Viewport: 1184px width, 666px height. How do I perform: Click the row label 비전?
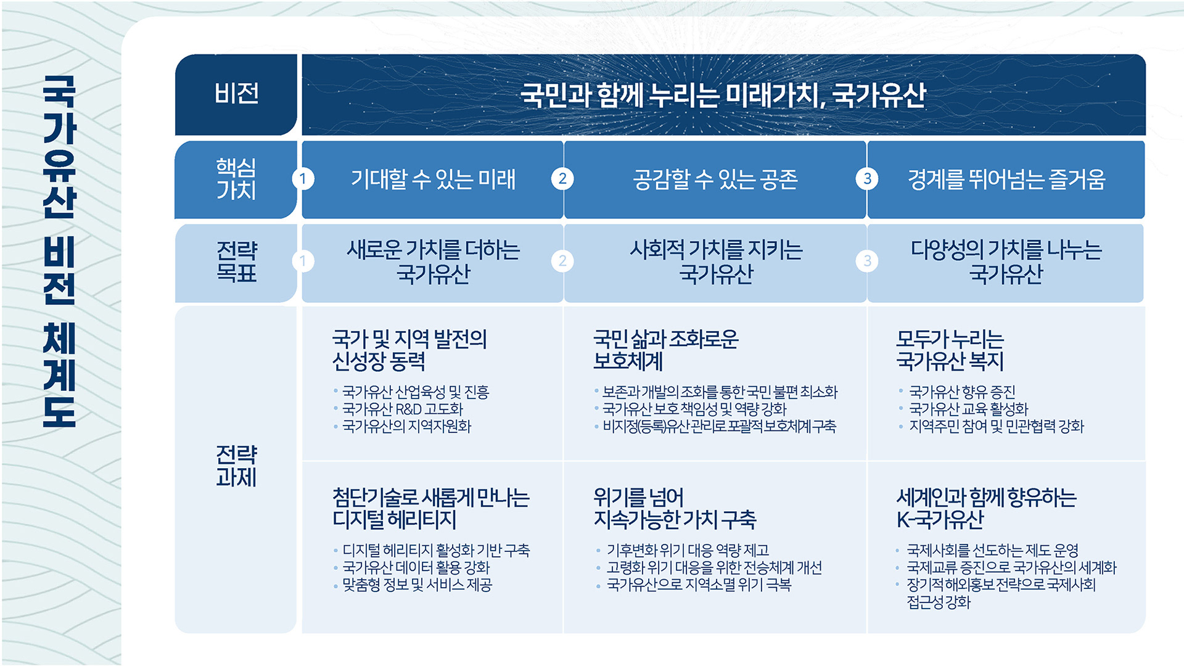click(x=236, y=94)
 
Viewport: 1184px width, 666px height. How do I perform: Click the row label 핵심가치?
click(x=236, y=179)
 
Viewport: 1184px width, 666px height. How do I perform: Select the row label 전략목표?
click(x=236, y=261)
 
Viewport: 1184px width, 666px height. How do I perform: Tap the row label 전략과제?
click(x=236, y=466)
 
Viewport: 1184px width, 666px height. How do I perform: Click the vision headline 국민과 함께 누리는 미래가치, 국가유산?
click(x=723, y=95)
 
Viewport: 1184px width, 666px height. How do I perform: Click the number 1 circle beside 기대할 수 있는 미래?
click(x=303, y=179)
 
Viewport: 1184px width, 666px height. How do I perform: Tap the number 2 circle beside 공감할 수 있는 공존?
click(x=562, y=179)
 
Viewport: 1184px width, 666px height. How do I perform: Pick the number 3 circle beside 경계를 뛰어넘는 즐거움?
click(x=867, y=179)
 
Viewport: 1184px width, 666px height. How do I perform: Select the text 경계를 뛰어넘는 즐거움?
click(x=1006, y=179)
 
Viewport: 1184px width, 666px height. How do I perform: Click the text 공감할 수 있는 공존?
click(x=715, y=179)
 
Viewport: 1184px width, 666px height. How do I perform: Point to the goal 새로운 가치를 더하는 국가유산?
click(x=433, y=261)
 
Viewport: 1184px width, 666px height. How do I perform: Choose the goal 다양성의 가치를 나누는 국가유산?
click(x=1006, y=261)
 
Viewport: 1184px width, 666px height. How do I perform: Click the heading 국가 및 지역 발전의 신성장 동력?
click(x=409, y=350)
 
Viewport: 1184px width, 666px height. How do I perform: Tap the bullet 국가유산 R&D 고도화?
click(x=402, y=409)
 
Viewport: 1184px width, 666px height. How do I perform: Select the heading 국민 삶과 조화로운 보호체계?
click(x=665, y=350)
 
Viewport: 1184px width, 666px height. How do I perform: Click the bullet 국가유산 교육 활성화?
click(x=968, y=409)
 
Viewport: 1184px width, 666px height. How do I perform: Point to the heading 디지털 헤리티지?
click(x=394, y=520)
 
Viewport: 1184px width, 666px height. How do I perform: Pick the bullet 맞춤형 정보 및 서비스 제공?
click(x=417, y=585)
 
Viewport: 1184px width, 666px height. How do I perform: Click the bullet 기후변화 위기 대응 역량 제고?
click(x=688, y=550)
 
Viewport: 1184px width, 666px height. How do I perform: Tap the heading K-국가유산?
click(x=940, y=520)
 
